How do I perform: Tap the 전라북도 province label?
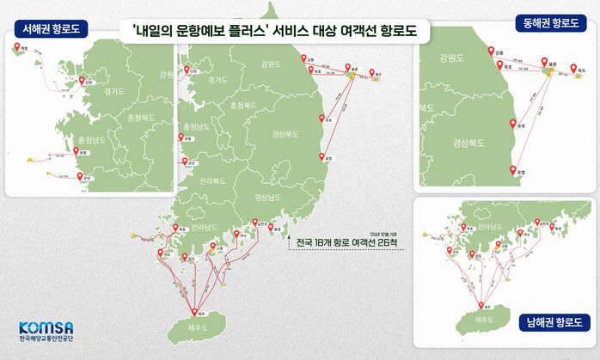[212, 181]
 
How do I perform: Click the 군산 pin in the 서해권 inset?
[81, 175]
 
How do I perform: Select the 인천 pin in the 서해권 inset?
[83, 80]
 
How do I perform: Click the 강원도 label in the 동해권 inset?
[450, 59]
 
